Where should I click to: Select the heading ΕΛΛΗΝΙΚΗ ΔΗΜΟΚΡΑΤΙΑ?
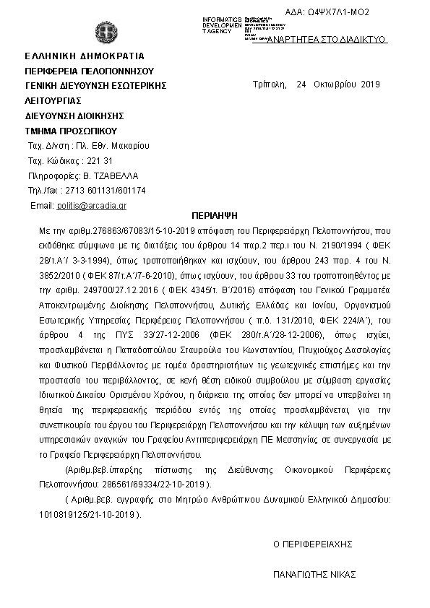(85, 56)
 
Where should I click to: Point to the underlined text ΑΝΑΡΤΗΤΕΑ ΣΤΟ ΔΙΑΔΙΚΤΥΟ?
(327, 40)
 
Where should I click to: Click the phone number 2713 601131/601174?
(105, 191)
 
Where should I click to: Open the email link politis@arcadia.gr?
(92, 206)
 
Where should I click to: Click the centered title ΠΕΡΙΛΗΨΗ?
(215, 215)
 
